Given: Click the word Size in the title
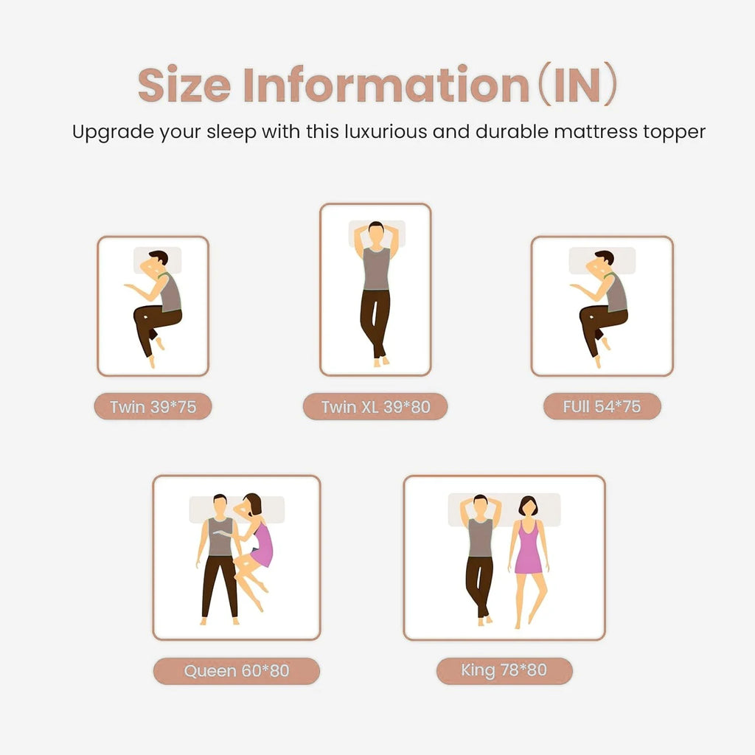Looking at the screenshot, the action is tap(184, 84).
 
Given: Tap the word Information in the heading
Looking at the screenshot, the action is tap(386, 84).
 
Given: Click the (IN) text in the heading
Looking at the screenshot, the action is tap(577, 84).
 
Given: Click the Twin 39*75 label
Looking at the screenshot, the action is tap(153, 407).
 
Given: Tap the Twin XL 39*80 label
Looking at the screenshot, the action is tap(375, 407).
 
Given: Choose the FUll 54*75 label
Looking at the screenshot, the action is tap(602, 407).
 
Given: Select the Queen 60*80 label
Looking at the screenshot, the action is tap(237, 671).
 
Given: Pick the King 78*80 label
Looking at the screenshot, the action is tap(504, 670).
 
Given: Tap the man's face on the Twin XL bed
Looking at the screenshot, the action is tap(376, 236).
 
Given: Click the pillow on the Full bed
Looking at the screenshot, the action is tap(602, 260).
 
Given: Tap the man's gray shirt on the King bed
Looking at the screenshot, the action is tap(481, 537).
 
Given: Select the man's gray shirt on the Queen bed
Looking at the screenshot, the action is tap(220, 537).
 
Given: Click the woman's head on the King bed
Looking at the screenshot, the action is tap(528, 506).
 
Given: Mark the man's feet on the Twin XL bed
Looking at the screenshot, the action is tap(380, 361).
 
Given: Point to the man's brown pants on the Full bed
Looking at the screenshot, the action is tap(602, 324).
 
